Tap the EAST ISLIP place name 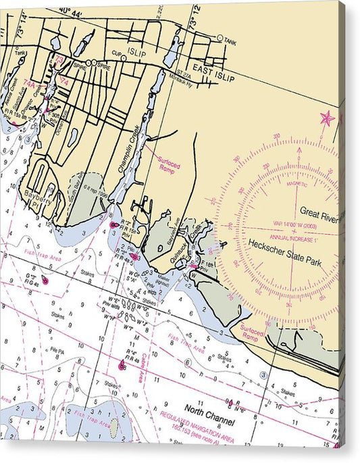[213, 78]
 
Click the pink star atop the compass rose [327, 118]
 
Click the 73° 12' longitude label [197, 14]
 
